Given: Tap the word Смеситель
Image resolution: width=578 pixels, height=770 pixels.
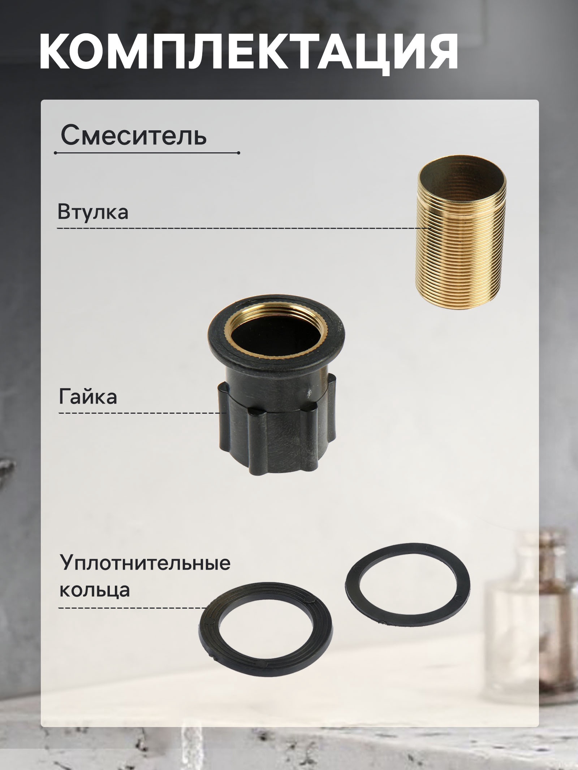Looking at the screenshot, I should click(134, 136).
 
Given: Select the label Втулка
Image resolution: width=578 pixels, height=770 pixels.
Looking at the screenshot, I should click(93, 212).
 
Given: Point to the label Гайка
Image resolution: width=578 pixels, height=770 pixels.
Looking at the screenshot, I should click(88, 397).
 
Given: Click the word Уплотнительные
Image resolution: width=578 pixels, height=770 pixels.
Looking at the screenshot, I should click(145, 563).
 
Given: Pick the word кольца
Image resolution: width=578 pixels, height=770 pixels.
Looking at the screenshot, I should click(94, 591).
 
